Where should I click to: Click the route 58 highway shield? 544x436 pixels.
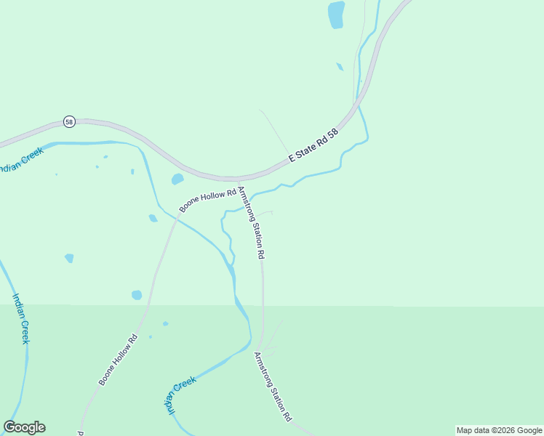tap(68, 121)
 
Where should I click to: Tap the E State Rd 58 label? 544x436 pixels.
tap(314, 145)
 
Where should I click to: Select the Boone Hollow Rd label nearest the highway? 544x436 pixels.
tap(208, 201)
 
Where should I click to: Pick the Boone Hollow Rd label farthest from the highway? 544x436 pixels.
tap(119, 360)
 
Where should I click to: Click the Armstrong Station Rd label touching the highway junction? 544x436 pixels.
tap(252, 223)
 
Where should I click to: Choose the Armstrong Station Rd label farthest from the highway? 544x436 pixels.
tap(273, 387)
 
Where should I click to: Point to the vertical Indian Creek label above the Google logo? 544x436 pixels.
tap(21, 318)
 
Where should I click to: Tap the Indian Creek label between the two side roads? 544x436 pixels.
tap(178, 395)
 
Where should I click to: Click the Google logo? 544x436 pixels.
tap(24, 427)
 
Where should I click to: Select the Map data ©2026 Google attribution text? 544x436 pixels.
tap(500, 430)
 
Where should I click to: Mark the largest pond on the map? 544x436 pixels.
tap(335, 14)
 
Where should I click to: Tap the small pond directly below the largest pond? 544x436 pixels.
tap(340, 67)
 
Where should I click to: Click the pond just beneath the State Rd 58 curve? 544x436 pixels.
tap(177, 179)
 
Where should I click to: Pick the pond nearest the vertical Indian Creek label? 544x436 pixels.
tap(69, 258)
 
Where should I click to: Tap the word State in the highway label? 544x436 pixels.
tap(309, 148)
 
